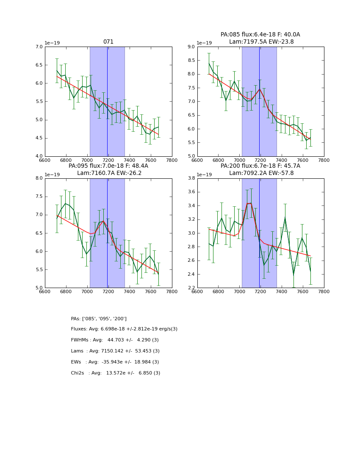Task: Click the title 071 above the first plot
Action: (108, 42)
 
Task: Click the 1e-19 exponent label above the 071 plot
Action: (53, 43)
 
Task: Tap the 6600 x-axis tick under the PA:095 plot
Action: (45, 291)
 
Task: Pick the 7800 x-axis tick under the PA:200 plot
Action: (324, 291)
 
